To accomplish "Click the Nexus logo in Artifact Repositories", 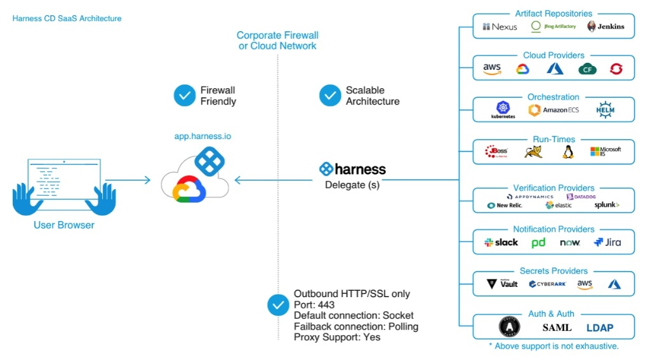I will pyautogui.click(x=500, y=27).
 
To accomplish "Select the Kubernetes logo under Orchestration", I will pyautogui.click(x=503, y=110).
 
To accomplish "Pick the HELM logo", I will pyautogui.click(x=606, y=110).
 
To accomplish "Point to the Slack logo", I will pyautogui.click(x=501, y=243).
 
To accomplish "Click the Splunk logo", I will pyautogui.click(x=607, y=205).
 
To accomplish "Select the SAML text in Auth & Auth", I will pyautogui.click(x=557, y=328).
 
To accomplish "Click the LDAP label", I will pyautogui.click(x=600, y=328).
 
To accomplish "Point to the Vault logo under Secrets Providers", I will pyautogui.click(x=502, y=284).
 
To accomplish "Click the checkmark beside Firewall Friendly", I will pyautogui.click(x=185, y=96).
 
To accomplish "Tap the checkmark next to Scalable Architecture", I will pyautogui.click(x=330, y=96).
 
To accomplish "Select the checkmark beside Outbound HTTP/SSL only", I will pyautogui.click(x=278, y=305).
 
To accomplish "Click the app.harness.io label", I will pyautogui.click(x=198, y=136).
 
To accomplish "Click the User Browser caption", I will pyautogui.click(x=64, y=225).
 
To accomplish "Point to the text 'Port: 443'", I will pyautogui.click(x=314, y=305).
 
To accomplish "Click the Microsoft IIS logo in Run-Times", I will pyautogui.click(x=605, y=152).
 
